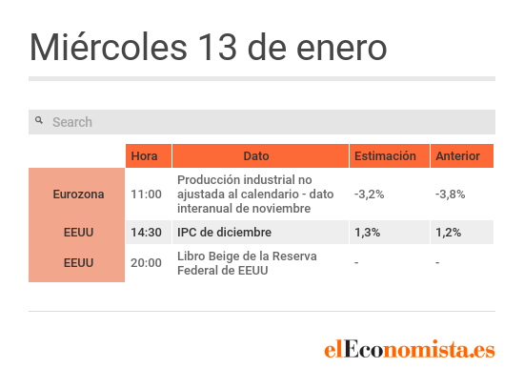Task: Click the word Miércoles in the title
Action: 109,47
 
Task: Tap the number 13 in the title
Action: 217,48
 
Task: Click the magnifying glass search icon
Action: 39,120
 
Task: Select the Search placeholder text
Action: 72,122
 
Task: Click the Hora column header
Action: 144,155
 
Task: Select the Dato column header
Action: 256,155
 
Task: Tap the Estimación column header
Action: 385,155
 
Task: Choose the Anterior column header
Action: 458,155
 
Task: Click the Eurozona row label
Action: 78,194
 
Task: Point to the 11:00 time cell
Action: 146,194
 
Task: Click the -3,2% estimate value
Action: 370,194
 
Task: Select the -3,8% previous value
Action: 450,194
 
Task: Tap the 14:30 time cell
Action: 146,232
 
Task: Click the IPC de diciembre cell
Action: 224,232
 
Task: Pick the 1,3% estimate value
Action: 367,232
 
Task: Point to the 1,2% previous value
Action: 449,232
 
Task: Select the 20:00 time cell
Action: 146,263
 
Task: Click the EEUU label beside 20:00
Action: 78,263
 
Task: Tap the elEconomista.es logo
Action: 410,350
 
